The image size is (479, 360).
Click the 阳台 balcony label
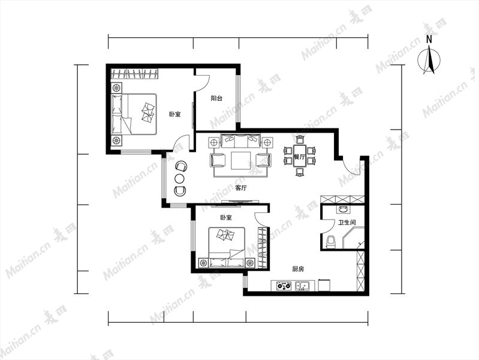(x=216, y=98)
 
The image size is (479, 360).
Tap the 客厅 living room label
(x=241, y=188)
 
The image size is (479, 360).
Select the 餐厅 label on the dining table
(x=299, y=157)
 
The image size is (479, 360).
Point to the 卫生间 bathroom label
(x=347, y=223)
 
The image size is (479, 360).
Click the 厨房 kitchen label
(x=298, y=269)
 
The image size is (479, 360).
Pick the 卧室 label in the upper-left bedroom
(x=175, y=115)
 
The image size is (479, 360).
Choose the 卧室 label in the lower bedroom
(x=226, y=217)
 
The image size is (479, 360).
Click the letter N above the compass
(x=429, y=39)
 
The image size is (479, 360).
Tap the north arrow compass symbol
(x=429, y=59)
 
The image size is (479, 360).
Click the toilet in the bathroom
(x=330, y=242)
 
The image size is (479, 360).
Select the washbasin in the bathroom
(x=343, y=209)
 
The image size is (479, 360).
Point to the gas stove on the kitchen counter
(x=284, y=286)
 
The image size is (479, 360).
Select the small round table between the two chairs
(x=180, y=178)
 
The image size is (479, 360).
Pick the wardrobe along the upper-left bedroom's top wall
(x=134, y=74)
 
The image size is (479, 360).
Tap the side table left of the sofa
(x=214, y=143)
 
